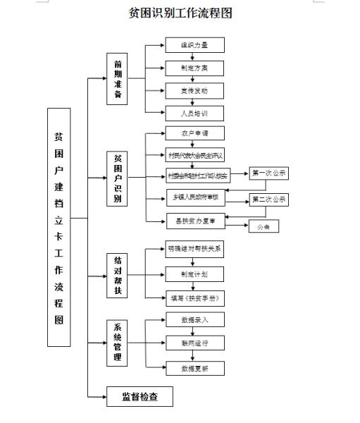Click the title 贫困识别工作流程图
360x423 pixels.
pyautogui.click(x=180, y=13)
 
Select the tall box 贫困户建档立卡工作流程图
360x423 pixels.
pyautogui.click(x=59, y=227)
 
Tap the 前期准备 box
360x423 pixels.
pyautogui.click(x=118, y=79)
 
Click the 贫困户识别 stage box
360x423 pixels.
pyautogui.click(x=118, y=178)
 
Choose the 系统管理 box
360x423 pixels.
pyautogui.click(x=118, y=343)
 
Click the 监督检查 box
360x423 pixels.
pyautogui.click(x=139, y=397)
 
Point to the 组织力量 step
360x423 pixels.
pyautogui.click(x=194, y=46)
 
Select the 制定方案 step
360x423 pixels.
pyautogui.click(x=194, y=68)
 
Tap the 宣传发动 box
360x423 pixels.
pyautogui.click(x=194, y=91)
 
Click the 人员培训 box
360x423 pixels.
pyautogui.click(x=194, y=113)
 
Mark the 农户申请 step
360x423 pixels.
pyautogui.click(x=194, y=133)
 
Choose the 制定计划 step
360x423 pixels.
pyautogui.click(x=194, y=274)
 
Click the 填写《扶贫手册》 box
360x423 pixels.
pyautogui.click(x=195, y=298)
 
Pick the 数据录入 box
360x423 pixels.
pyautogui.click(x=194, y=320)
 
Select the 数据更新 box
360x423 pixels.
pyautogui.click(x=194, y=368)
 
